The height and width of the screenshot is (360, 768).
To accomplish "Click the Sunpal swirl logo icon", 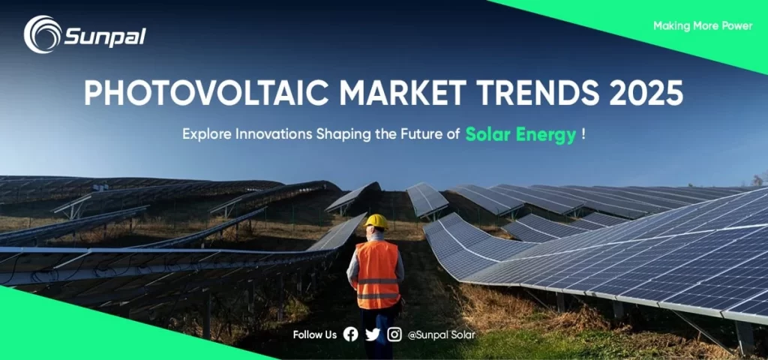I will click(x=42, y=34).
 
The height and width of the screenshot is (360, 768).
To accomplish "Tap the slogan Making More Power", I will click(x=702, y=26).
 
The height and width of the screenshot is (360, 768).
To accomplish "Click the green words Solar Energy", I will click(x=520, y=135).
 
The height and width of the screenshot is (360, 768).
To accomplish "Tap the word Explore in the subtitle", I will click(x=206, y=136).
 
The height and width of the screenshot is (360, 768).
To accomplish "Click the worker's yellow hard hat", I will click(x=376, y=221).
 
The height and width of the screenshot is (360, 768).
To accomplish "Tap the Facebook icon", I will click(x=350, y=334).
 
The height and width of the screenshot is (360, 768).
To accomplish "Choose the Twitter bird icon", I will click(x=373, y=334).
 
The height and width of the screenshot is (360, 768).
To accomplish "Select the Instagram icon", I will click(x=394, y=334).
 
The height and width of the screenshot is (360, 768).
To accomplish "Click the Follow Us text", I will click(x=315, y=335).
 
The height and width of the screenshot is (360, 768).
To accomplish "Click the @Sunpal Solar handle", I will click(x=441, y=335).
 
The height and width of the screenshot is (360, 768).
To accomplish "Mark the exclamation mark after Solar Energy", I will click(x=583, y=135).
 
